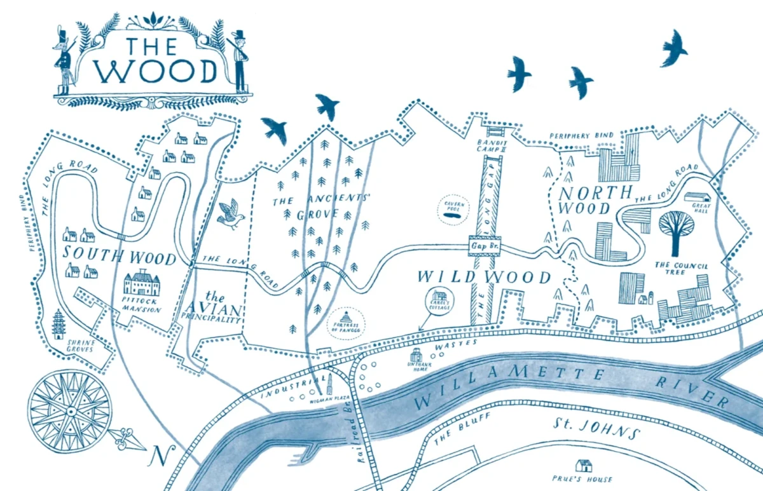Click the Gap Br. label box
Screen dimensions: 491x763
point(485,245)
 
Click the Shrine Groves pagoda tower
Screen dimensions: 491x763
point(58,324)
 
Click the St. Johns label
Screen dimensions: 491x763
point(594,429)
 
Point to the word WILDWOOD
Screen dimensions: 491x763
point(484,278)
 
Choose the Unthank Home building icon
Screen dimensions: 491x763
point(416,354)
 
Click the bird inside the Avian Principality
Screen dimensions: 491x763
point(230,214)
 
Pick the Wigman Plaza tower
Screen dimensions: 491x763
point(329,385)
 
